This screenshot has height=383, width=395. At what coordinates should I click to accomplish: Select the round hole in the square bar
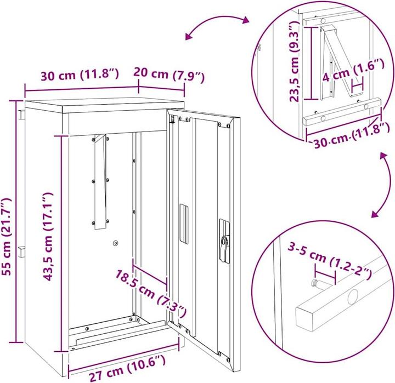(352, 299)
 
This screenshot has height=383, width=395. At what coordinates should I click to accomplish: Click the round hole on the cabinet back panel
(116, 243)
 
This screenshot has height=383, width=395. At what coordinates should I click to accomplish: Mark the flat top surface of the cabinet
(104, 105)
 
